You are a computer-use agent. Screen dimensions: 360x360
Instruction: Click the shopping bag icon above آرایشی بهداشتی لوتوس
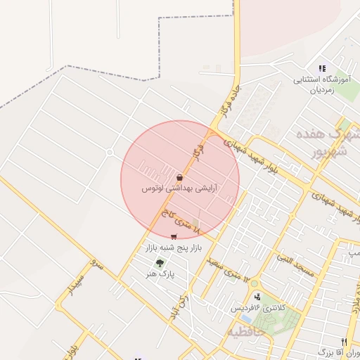(180, 177)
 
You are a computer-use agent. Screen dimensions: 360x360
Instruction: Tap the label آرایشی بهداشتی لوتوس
(179, 189)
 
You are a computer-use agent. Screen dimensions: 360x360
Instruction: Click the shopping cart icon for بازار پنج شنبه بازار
(174, 236)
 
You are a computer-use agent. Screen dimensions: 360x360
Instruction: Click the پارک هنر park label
(161, 273)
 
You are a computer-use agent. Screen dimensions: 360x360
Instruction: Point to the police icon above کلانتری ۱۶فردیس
(258, 297)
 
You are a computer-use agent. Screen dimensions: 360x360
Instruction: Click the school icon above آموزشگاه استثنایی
(322, 68)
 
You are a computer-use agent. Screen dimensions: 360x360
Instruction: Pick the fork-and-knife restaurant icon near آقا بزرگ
(344, 341)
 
